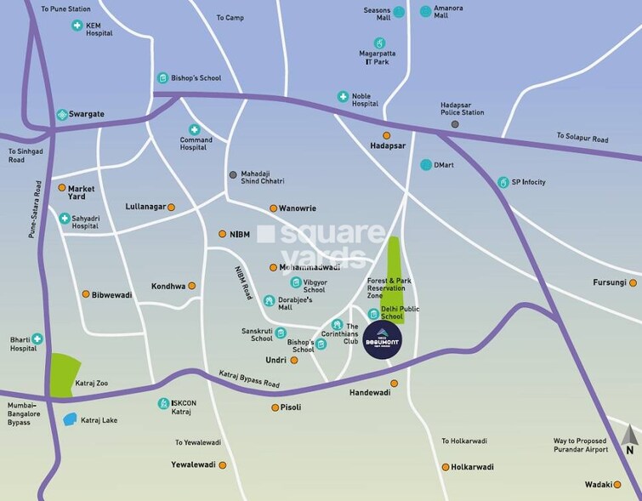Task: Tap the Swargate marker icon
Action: pyautogui.click(x=62, y=114)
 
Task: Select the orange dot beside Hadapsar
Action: pyautogui.click(x=386, y=135)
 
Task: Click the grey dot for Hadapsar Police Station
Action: pyautogui.click(x=455, y=124)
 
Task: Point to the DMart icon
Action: pyautogui.click(x=425, y=164)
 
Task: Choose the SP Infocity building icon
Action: pyautogui.click(x=503, y=182)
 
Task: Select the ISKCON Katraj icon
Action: pyautogui.click(x=162, y=403)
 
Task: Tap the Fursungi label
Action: pyautogui.click(x=609, y=282)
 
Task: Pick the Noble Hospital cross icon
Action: pyautogui.click(x=343, y=97)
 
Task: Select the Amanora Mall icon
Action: pyautogui.click(x=425, y=11)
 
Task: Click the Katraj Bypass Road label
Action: pyautogui.click(x=249, y=379)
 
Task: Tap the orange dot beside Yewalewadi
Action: pyautogui.click(x=223, y=465)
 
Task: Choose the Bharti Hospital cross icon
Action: pyautogui.click(x=37, y=339)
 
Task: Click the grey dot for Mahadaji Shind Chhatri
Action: pyautogui.click(x=233, y=174)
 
